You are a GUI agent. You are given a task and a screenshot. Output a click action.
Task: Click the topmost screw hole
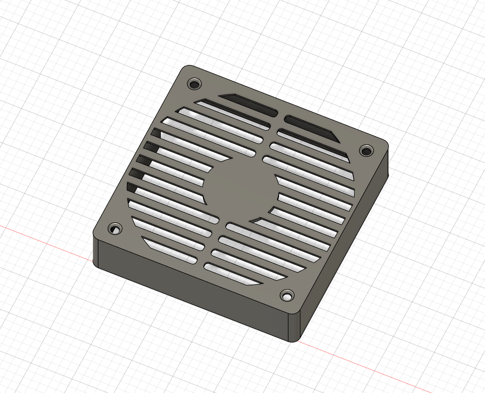tap(195, 84)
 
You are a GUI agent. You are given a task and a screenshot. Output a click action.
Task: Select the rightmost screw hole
tap(366, 150)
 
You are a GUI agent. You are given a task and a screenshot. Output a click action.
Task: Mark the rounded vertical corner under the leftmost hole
tap(95, 252)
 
